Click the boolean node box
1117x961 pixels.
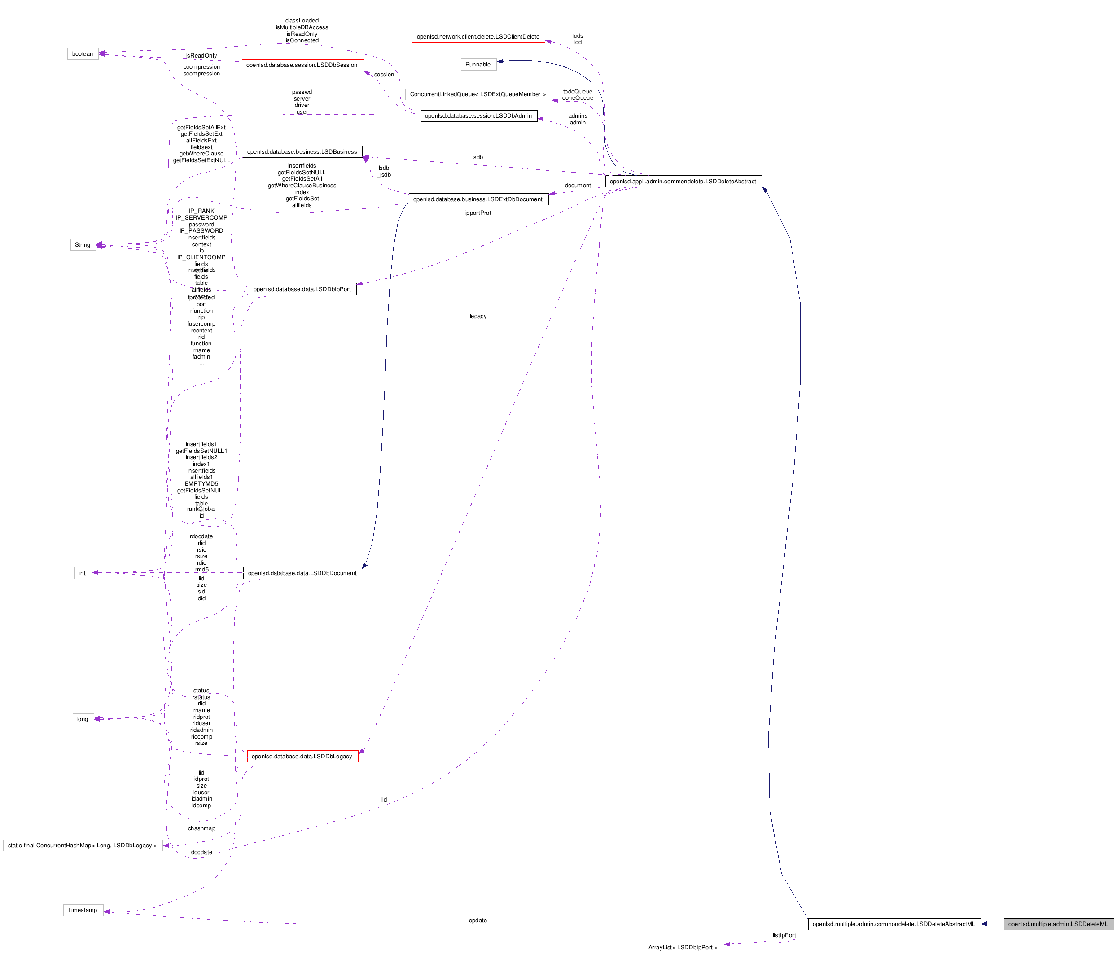pos(83,54)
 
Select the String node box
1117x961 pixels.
pos(83,245)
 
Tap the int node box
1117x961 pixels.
pos(83,573)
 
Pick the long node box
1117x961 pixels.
pos(83,719)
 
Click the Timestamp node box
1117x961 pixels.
pos(83,910)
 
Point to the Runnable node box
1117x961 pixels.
pos(478,65)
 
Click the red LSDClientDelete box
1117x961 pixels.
pos(478,37)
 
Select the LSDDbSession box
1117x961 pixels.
pos(302,65)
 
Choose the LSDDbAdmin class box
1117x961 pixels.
pos(478,115)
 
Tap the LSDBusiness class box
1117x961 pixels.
pos(302,151)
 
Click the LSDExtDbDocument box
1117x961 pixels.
pos(478,199)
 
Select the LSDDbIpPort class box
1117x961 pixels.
pos(302,289)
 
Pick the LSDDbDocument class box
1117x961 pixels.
pos(302,573)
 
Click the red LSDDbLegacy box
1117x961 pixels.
pos(302,757)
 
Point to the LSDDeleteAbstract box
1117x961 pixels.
pos(683,182)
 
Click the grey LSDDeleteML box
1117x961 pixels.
pos(1058,924)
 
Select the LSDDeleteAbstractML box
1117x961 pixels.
pos(894,924)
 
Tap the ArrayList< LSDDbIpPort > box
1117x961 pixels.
pos(683,948)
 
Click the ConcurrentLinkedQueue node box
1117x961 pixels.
pos(478,94)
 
